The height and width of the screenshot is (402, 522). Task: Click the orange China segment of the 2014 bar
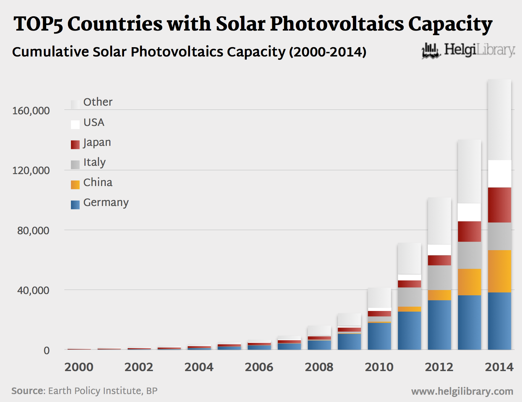499,271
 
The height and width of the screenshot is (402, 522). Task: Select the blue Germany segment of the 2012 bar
439,325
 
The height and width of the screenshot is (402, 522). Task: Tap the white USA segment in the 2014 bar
499,174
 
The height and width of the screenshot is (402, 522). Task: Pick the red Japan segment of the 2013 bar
469,231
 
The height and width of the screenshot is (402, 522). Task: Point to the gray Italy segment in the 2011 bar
409,297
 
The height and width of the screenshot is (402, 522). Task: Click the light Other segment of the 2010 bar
379,298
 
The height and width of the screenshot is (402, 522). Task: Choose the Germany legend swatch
75,205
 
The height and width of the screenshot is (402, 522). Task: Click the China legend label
98,182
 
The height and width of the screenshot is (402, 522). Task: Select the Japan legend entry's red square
75,145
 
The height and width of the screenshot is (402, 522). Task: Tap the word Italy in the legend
95,162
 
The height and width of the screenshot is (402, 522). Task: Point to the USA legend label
94,123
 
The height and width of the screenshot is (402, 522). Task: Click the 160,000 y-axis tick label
31,111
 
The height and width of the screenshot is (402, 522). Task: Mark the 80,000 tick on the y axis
33,231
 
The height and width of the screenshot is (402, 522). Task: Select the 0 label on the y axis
46,351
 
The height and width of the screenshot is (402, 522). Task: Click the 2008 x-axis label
319,367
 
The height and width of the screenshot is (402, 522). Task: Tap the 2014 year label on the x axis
499,367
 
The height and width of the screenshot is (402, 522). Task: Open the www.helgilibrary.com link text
462,391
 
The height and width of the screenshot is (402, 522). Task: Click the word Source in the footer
28,391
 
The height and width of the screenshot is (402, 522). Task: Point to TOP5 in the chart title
38,24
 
